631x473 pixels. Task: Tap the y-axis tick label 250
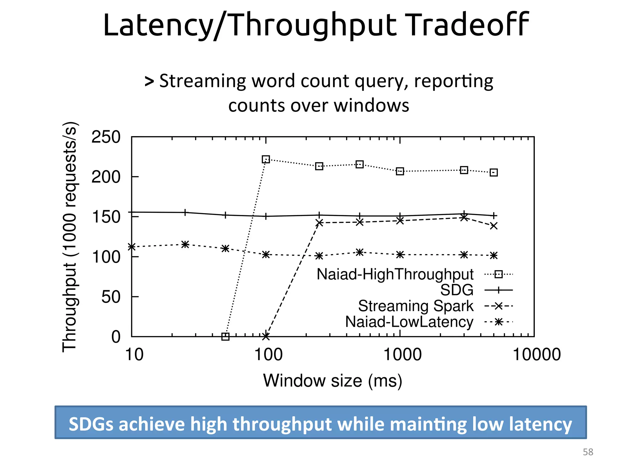[x=106, y=137]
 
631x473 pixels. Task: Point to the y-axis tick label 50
[x=111, y=297]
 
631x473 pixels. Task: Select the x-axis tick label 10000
[x=537, y=354]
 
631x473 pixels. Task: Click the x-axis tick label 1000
[x=402, y=354]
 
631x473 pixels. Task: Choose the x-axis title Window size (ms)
[x=332, y=381]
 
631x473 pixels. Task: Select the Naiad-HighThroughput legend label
[x=395, y=274]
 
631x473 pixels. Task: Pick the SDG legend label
[x=457, y=290]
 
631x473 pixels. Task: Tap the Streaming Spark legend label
[x=416, y=306]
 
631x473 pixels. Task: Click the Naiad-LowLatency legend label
[x=409, y=322]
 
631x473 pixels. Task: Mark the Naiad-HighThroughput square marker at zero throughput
[x=226, y=337]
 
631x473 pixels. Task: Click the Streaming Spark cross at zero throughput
[x=266, y=337]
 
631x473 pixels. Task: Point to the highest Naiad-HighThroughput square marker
[x=266, y=160]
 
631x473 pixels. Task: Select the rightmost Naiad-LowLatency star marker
[x=494, y=256]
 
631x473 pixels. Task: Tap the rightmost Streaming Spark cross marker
[x=494, y=226]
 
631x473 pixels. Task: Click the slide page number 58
[x=588, y=452]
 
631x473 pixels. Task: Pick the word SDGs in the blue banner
[x=91, y=424]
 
